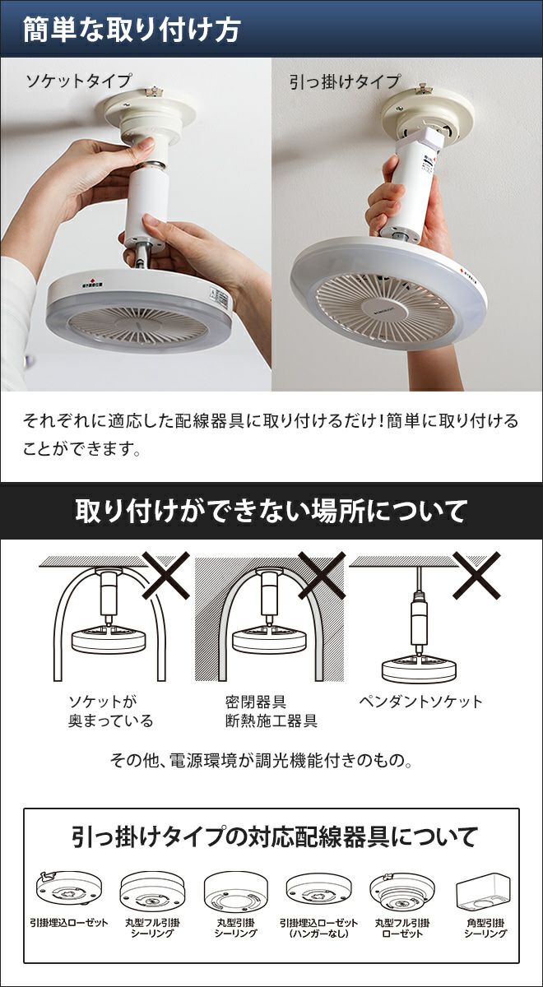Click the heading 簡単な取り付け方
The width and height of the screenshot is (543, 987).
click(x=132, y=30)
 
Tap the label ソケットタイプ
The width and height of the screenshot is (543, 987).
click(x=78, y=81)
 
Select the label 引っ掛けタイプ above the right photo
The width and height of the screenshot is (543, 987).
click(x=344, y=82)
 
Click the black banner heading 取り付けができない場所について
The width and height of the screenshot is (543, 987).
click(x=271, y=511)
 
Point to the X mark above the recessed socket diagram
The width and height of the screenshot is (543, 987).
click(x=166, y=575)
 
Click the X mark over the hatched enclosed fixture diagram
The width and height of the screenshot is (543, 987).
click(x=322, y=575)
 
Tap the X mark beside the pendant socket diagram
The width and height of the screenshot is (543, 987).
click(x=477, y=575)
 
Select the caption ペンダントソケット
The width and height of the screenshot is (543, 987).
click(x=420, y=701)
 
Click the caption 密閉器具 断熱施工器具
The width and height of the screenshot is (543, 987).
click(x=271, y=711)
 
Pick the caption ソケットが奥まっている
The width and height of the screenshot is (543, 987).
click(x=110, y=711)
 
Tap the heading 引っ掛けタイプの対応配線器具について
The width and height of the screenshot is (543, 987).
click(x=274, y=837)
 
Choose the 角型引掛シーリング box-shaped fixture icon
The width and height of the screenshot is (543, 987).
click(x=484, y=892)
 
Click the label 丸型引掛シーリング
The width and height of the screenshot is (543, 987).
click(x=236, y=928)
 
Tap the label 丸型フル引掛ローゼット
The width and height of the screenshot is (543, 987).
click(x=402, y=928)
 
